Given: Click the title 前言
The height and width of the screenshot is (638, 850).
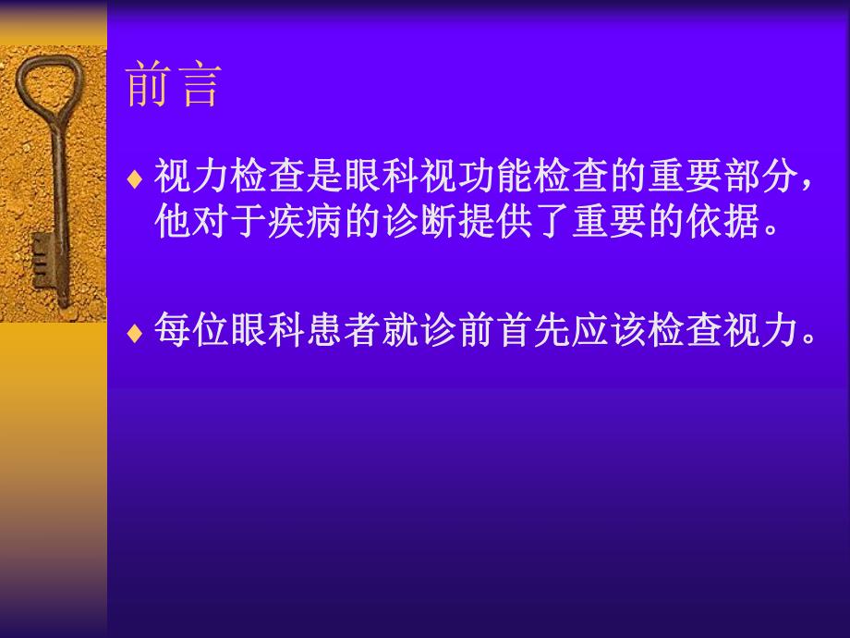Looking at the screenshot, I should tap(173, 86).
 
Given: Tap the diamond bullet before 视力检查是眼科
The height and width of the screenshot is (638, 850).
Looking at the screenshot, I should tap(135, 177).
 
